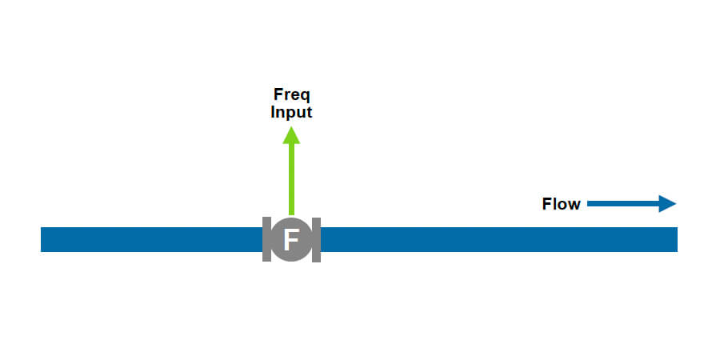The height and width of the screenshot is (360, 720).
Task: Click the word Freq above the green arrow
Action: click(291, 95)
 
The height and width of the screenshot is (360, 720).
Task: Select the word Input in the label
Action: click(291, 112)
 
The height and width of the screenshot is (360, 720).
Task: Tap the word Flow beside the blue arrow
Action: click(561, 204)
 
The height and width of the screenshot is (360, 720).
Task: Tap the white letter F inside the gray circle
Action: click(291, 239)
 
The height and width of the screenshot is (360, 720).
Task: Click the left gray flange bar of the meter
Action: click(266, 239)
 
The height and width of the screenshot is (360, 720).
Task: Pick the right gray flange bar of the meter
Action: click(316, 239)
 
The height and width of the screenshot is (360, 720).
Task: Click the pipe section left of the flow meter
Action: click(152, 239)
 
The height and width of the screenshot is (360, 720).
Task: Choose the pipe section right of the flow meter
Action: click(496, 239)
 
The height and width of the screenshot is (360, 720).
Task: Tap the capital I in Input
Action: click(273, 112)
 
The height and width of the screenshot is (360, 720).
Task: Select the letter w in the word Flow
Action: click(574, 205)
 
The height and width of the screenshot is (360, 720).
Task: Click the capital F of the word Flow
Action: click(547, 204)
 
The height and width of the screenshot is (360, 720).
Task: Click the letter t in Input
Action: click(309, 112)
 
